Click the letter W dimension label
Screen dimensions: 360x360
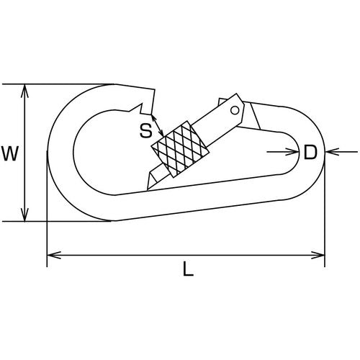(x=10, y=153)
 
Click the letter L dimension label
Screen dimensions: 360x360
(x=188, y=269)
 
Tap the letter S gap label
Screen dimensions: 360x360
(x=146, y=131)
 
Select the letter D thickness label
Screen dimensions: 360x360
(x=310, y=152)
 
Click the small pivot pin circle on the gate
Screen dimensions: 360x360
(x=235, y=110)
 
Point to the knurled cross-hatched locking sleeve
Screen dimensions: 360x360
(x=180, y=149)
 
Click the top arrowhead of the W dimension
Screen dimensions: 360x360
(x=24, y=91)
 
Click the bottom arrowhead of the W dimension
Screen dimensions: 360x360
(x=24, y=215)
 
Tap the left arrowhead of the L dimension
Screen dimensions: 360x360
(x=54, y=255)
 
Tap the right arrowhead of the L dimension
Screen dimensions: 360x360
(x=318, y=255)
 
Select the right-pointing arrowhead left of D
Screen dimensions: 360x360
(x=292, y=152)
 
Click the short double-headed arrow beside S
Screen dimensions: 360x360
(x=157, y=125)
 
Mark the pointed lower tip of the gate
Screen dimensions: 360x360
(x=148, y=189)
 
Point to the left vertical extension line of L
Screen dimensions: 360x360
(x=47, y=209)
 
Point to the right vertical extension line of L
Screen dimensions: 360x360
(x=325, y=214)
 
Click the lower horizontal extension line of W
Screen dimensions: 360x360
(x=58, y=221)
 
